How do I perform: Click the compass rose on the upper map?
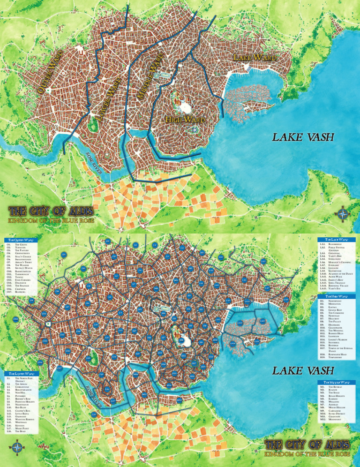pyautogui.click(x=343, y=212)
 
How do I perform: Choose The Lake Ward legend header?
pyautogui.click(x=336, y=240)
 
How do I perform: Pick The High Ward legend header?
pyautogui.click(x=336, y=296)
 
